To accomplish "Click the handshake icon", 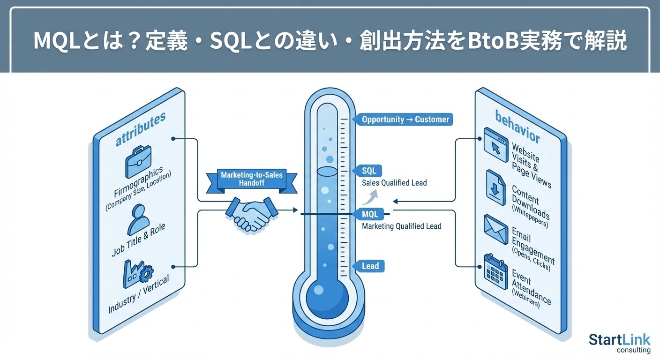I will [250, 213].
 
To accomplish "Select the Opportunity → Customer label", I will [405, 120].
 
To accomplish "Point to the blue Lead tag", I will [370, 266].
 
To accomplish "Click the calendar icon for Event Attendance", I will [495, 268].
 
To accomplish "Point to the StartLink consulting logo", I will [619, 343].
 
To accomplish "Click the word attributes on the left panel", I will [141, 128].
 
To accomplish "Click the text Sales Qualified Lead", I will [394, 183].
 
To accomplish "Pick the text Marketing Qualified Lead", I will [402, 226].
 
